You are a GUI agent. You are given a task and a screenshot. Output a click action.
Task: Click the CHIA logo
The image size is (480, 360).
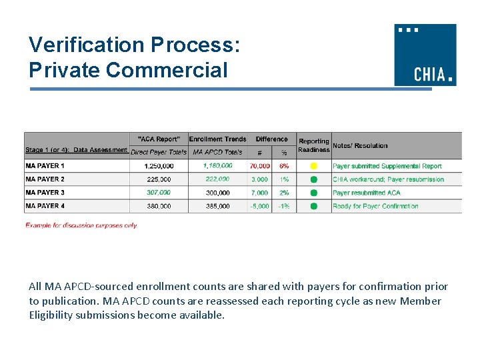point(425,55)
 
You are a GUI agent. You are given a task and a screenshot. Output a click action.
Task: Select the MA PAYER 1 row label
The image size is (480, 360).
point(45,166)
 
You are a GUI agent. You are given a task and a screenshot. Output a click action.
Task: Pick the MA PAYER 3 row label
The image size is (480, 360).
point(45,193)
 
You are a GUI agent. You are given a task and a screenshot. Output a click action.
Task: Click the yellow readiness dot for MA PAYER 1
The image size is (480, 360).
point(314,166)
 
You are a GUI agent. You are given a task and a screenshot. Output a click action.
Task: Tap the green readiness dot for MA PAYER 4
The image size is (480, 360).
point(314,206)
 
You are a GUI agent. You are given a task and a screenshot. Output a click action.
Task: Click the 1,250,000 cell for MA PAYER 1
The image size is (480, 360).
point(159,166)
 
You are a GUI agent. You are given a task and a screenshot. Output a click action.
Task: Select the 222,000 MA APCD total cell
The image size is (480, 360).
point(217,179)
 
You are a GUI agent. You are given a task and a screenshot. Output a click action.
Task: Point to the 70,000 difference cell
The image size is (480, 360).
point(260,166)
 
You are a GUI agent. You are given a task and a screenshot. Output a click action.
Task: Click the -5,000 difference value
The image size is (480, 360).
point(260,206)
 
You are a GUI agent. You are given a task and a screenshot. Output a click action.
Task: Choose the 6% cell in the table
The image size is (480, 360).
point(284,166)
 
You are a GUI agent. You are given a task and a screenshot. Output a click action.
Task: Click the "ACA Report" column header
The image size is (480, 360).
point(159,139)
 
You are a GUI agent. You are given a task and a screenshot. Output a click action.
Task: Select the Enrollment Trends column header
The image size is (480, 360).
point(217,139)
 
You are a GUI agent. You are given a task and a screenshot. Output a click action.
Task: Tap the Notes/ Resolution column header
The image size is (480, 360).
point(360,145)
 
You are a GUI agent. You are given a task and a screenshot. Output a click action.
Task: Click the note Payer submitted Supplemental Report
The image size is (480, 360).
point(387,166)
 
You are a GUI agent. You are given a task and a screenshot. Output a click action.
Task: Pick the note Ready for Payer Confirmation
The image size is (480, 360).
point(375,206)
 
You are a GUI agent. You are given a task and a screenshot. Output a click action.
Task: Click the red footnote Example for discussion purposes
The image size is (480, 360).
point(81,225)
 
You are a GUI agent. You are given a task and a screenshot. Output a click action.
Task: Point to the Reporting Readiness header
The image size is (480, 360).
point(314,145)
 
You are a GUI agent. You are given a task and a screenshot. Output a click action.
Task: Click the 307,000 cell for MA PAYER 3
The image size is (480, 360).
point(159,193)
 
